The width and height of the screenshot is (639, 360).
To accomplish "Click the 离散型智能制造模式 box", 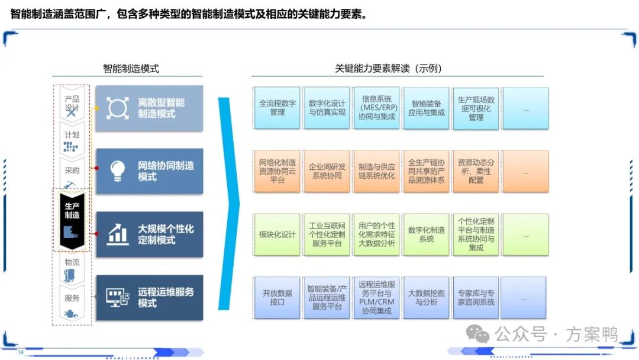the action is pyautogui.click(x=149, y=108).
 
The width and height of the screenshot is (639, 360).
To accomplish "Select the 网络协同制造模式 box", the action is pyautogui.click(x=149, y=171).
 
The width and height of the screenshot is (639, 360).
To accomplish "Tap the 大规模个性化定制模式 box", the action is pyautogui.click(x=149, y=234).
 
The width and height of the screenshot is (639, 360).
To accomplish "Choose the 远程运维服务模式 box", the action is pyautogui.click(x=149, y=297).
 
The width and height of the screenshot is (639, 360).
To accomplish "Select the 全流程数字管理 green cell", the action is pyautogui.click(x=277, y=108).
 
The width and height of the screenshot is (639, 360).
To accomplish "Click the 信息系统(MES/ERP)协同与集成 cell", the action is pyautogui.click(x=377, y=108).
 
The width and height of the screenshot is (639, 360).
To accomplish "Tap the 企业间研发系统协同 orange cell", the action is pyautogui.click(x=327, y=171).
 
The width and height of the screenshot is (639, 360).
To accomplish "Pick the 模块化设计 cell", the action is pyautogui.click(x=277, y=234).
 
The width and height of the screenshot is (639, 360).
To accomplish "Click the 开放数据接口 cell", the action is pyautogui.click(x=277, y=297).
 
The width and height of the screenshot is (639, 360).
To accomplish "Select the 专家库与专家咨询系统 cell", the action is pyautogui.click(x=476, y=297).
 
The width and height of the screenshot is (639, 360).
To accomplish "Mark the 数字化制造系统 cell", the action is pyautogui.click(x=426, y=234).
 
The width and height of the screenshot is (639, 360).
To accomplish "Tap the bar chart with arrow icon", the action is pyautogui.click(x=117, y=234).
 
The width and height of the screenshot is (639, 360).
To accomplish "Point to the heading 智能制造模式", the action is pyautogui.click(x=131, y=69).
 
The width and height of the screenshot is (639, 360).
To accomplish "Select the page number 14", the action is pyautogui.click(x=20, y=352).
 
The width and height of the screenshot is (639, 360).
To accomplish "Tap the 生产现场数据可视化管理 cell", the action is pyautogui.click(x=476, y=108).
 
